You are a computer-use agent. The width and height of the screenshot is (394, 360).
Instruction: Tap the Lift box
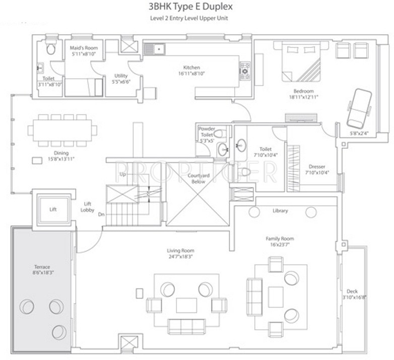coord(52,209)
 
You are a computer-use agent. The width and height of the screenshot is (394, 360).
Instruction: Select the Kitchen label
coord(191,67)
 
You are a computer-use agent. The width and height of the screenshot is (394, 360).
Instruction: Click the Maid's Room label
coord(84,48)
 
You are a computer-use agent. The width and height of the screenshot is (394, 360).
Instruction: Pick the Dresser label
coord(317,167)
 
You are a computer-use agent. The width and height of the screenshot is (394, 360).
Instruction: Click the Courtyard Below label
coord(199,178)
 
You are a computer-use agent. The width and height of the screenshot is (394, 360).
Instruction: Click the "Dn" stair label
coord(101,214)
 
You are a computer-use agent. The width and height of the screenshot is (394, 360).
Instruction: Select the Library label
coord(280,210)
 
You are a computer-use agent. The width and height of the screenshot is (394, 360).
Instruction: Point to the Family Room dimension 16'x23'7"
coord(280,245)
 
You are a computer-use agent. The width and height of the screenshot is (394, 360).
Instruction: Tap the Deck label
coord(352,291)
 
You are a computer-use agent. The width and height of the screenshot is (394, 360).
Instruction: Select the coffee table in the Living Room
coord(186,305)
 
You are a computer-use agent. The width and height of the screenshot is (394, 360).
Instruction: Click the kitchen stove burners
coord(245,71)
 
